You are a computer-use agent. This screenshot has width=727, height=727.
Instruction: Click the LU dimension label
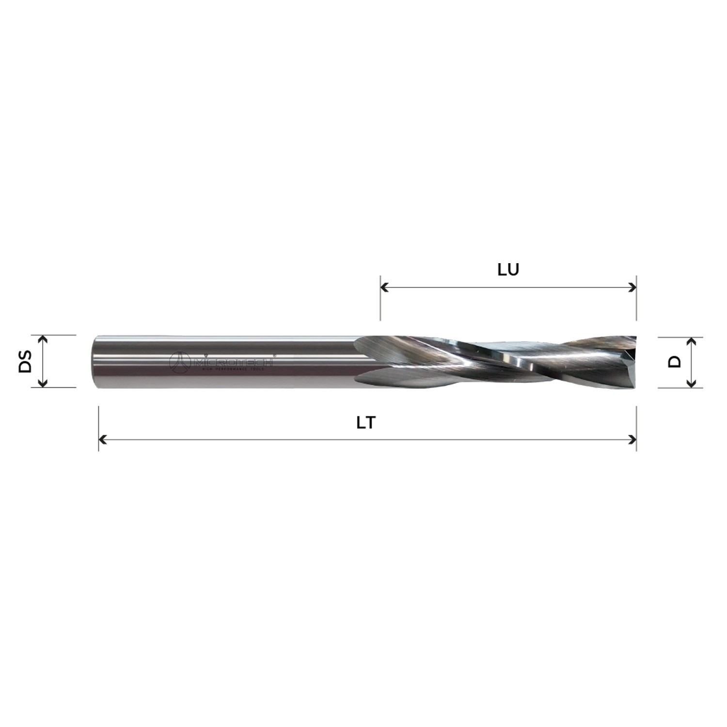508,270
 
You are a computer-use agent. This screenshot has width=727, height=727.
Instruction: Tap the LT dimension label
366,423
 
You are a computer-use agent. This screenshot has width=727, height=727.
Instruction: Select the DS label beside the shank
25,361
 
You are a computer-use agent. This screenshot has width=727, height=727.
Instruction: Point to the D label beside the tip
674,361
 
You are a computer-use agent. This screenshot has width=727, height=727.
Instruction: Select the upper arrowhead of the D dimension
692,341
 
